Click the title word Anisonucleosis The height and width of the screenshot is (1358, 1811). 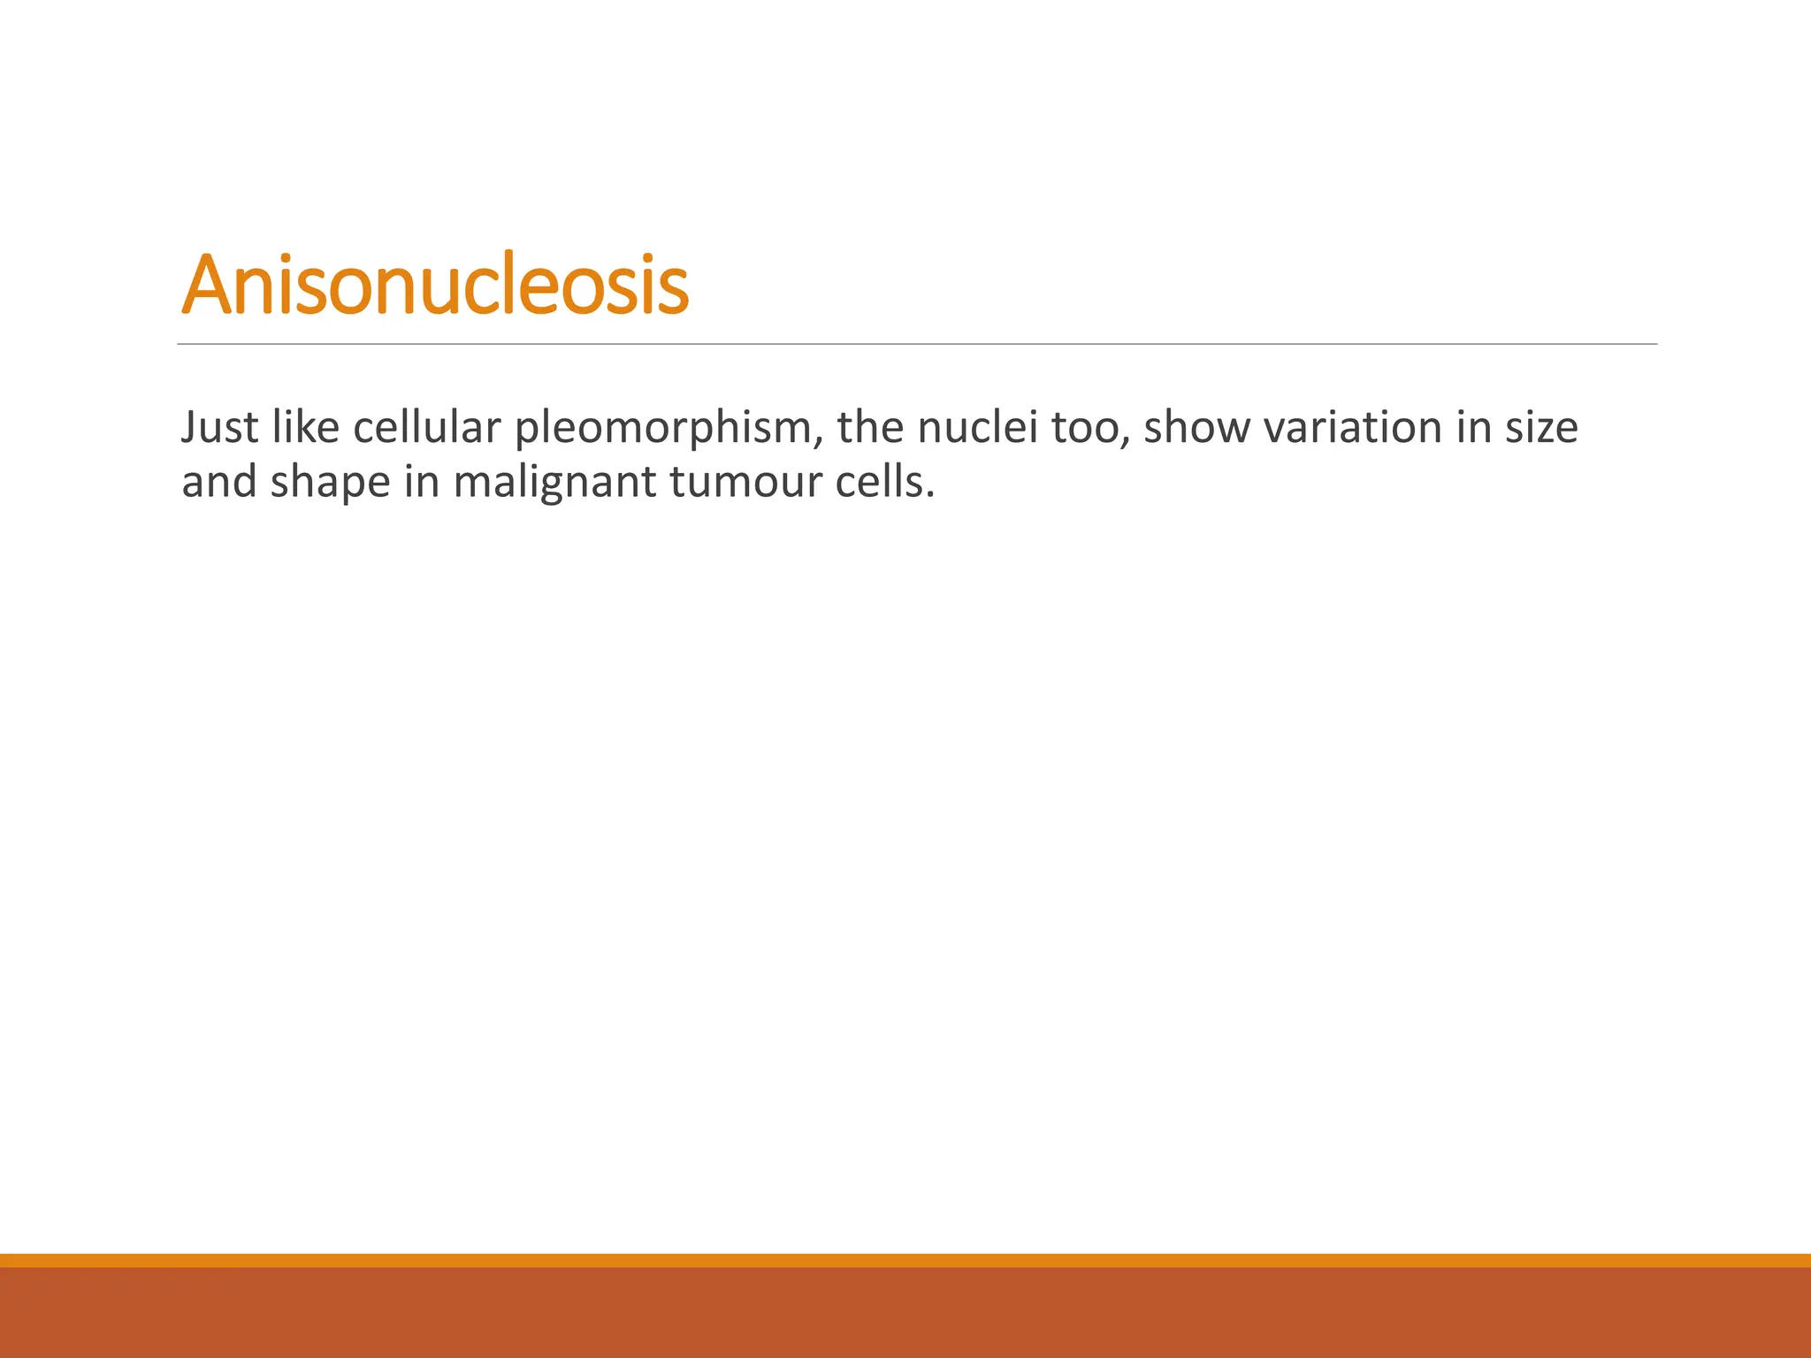[x=434, y=285]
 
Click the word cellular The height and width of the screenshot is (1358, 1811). [x=427, y=428]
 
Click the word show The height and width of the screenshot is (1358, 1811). [x=1196, y=428]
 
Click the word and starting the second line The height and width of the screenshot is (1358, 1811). [x=218, y=483]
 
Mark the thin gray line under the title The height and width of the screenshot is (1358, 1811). [x=917, y=344]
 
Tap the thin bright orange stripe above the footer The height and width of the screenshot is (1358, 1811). [x=905, y=1260]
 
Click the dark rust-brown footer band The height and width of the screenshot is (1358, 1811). [x=905, y=1313]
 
